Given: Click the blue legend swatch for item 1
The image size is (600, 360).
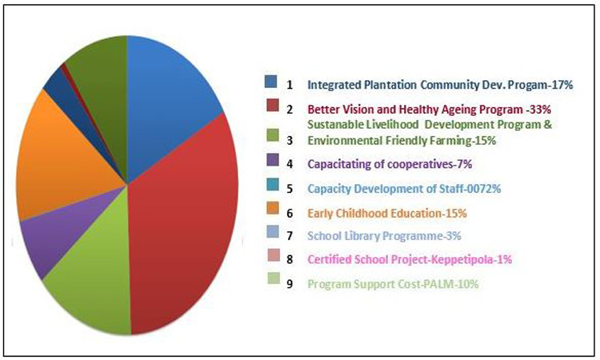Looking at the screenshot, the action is click(x=271, y=82).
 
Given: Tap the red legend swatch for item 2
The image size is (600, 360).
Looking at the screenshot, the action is click(x=273, y=106).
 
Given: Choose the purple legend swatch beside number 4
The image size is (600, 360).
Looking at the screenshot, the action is click(x=273, y=160).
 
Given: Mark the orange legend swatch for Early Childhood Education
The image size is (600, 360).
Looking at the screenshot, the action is click(x=273, y=208).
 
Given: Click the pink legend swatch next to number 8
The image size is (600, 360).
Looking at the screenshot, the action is click(x=274, y=255).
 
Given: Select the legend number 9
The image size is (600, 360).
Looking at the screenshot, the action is click(x=290, y=284).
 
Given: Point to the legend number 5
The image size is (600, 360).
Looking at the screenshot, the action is click(x=290, y=189).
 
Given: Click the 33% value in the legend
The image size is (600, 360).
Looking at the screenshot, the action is click(x=540, y=110).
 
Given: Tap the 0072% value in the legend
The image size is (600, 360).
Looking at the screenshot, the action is click(x=485, y=189).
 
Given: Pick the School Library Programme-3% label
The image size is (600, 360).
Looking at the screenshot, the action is click(x=384, y=236).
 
